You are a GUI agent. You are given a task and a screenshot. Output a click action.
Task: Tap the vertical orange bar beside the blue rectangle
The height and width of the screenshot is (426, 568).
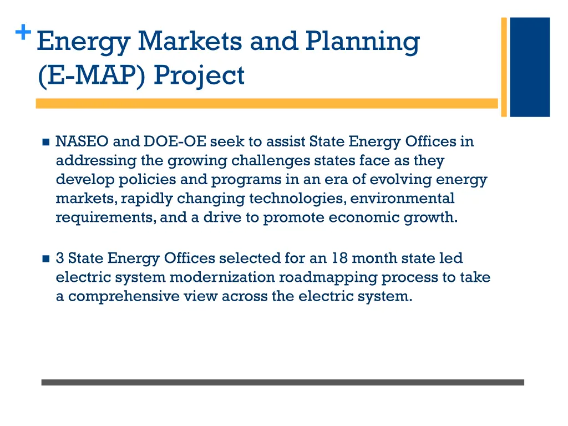(x=504, y=67)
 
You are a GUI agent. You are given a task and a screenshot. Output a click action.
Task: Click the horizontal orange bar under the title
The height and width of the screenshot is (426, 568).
(x=266, y=103)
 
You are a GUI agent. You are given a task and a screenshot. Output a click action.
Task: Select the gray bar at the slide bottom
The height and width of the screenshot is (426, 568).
(x=282, y=382)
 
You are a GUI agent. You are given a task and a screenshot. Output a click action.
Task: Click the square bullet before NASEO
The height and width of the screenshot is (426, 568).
(x=45, y=142)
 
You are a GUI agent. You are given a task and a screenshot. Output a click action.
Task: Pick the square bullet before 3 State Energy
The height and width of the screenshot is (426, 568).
(x=45, y=259)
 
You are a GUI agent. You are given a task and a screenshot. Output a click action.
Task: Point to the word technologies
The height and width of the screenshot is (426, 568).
(x=297, y=199)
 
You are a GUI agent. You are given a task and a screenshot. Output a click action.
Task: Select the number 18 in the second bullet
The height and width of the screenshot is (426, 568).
(x=340, y=258)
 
